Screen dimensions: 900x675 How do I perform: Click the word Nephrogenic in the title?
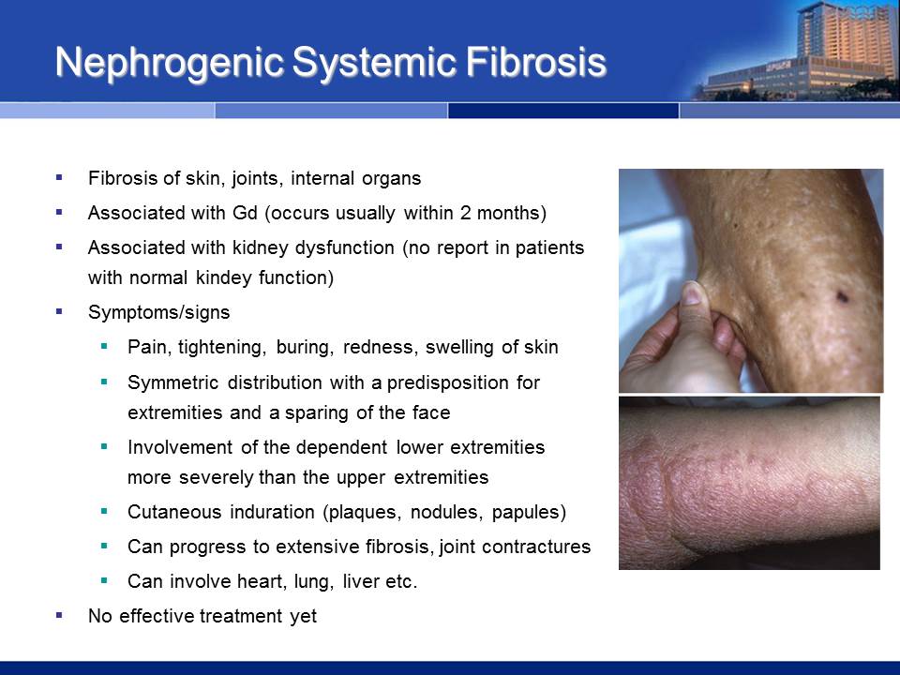pyautogui.click(x=170, y=63)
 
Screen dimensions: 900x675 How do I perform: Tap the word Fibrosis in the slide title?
pyautogui.click(x=536, y=62)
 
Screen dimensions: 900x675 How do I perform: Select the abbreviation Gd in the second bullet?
pyautogui.click(x=245, y=213)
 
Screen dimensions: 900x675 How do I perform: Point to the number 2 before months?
pyautogui.click(x=466, y=213)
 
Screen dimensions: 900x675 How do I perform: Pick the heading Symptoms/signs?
pyautogui.click(x=159, y=313)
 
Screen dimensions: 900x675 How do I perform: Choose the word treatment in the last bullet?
pyautogui.click(x=240, y=617)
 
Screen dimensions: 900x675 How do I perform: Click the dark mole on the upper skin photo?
pyautogui.click(x=842, y=296)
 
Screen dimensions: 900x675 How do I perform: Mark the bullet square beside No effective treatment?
pyautogui.click(x=59, y=616)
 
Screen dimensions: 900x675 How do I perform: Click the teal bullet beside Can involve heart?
pyautogui.click(x=104, y=581)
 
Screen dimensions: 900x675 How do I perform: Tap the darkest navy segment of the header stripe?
pyautogui.click(x=563, y=111)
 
